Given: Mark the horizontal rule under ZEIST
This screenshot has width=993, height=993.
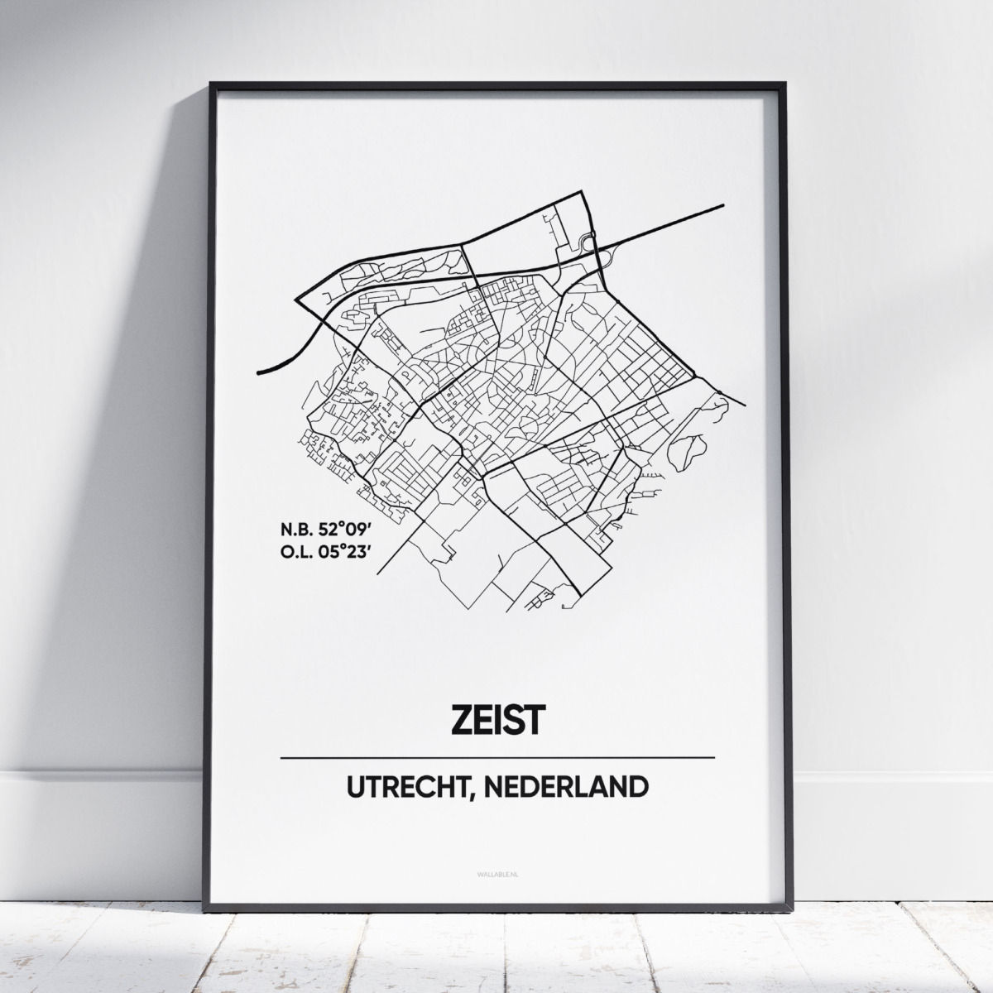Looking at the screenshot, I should [497, 757].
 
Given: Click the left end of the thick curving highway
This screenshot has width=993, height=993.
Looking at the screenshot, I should [261, 374].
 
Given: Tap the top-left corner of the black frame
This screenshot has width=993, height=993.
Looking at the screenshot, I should [212, 84].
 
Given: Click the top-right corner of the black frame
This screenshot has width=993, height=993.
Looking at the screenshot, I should [783, 84].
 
